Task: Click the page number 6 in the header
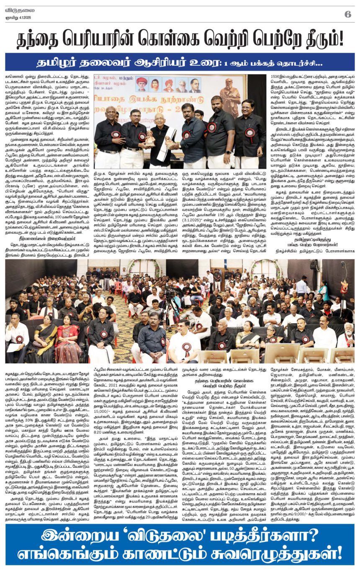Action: coord(347,14)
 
